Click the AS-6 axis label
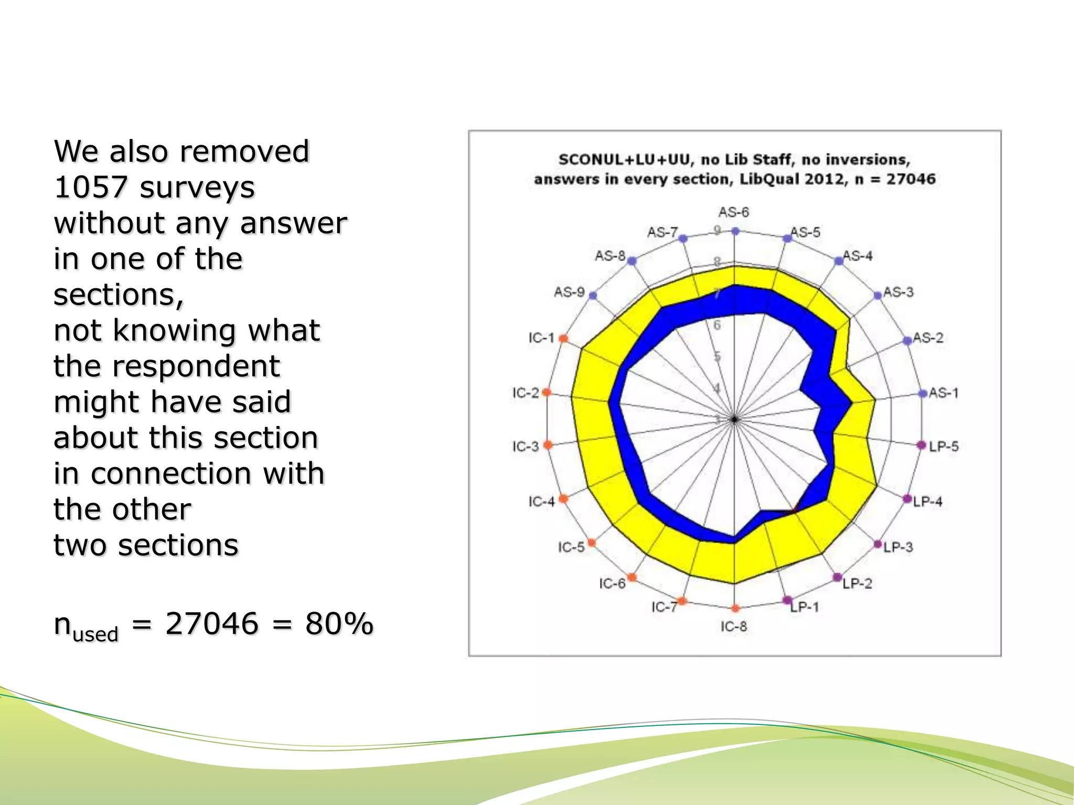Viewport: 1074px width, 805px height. pyautogui.click(x=734, y=212)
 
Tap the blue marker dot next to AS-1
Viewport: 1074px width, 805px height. pyautogui.click(x=923, y=394)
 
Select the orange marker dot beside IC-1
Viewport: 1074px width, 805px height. pyautogui.click(x=563, y=339)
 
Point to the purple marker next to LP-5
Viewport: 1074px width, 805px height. pyautogui.click(x=921, y=445)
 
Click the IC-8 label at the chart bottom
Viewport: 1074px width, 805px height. pyautogui.click(x=734, y=626)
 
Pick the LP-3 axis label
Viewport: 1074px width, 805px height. pyautogui.click(x=898, y=547)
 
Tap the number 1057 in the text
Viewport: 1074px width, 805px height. pyautogui.click(x=91, y=187)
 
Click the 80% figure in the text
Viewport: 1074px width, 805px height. pyautogui.click(x=339, y=624)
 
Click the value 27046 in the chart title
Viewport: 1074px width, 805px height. pyautogui.click(x=911, y=179)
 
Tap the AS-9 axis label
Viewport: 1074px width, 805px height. pyautogui.click(x=570, y=292)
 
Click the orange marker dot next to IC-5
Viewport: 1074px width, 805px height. pyautogui.click(x=592, y=542)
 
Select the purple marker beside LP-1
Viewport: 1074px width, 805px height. pyautogui.click(x=787, y=600)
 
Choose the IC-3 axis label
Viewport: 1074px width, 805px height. pyautogui.click(x=526, y=447)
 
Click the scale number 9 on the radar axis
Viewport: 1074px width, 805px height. pyautogui.click(x=717, y=230)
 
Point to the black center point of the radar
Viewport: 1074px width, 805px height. pyautogui.click(x=735, y=419)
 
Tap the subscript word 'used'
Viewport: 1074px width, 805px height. pyautogui.click(x=95, y=634)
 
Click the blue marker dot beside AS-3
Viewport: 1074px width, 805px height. pyautogui.click(x=878, y=296)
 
